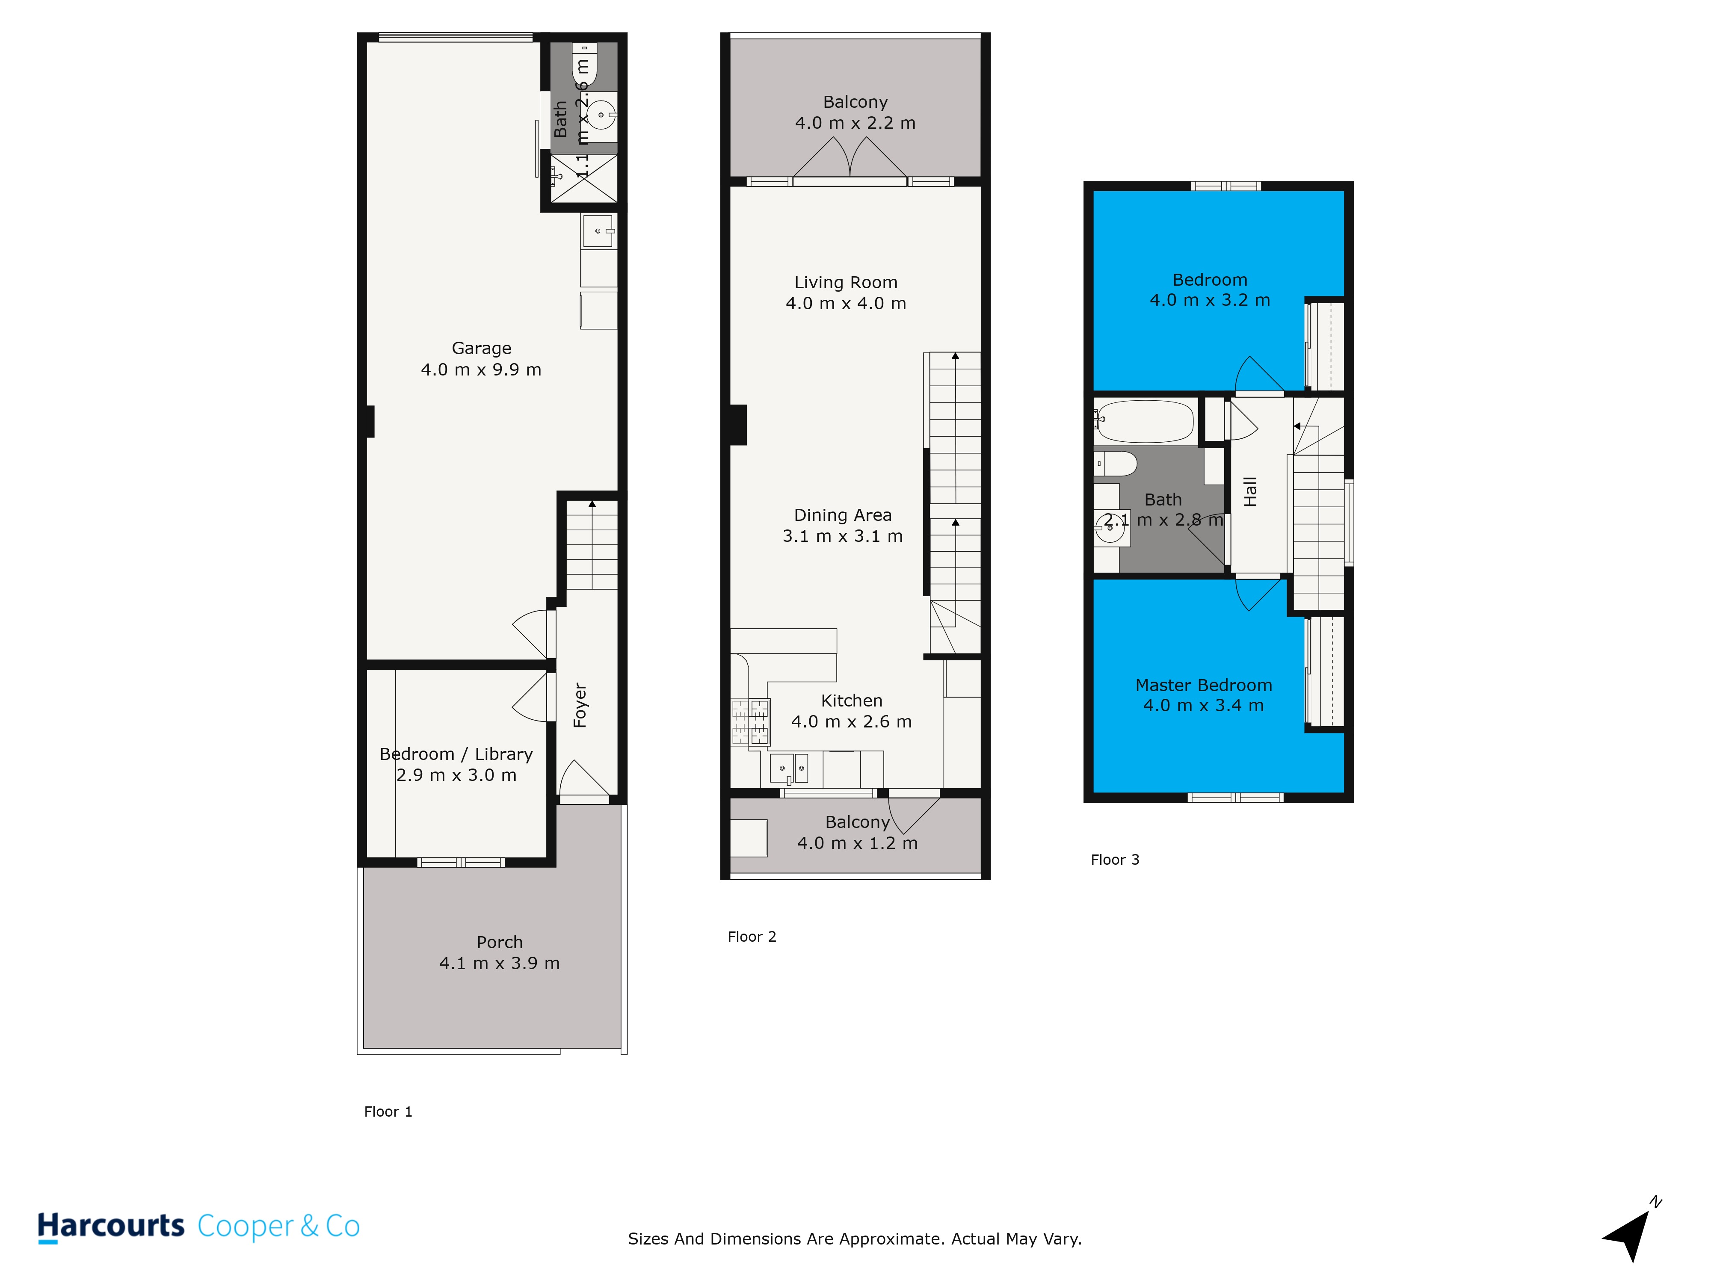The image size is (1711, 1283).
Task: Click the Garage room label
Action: [481, 348]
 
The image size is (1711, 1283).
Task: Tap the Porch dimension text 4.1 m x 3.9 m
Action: [499, 963]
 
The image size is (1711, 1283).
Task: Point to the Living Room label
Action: [845, 282]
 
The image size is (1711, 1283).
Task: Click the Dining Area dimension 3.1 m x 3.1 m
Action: [842, 536]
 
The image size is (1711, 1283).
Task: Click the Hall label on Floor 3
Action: [1250, 492]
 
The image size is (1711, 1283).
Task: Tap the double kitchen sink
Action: [788, 768]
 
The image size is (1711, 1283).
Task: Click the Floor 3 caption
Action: [1115, 859]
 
